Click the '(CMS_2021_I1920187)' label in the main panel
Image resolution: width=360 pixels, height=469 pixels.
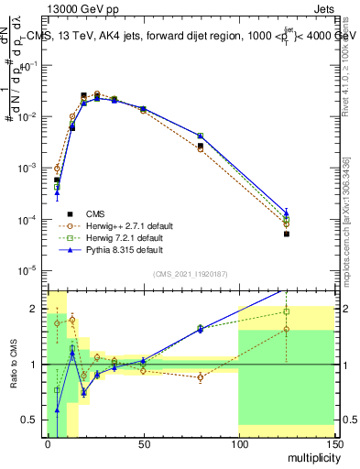pos(190,274)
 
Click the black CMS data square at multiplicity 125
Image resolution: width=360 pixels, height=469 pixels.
pos(286,234)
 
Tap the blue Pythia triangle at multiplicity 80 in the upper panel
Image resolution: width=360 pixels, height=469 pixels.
pos(200,136)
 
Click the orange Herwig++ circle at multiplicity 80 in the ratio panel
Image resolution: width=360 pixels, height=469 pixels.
pos(200,377)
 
